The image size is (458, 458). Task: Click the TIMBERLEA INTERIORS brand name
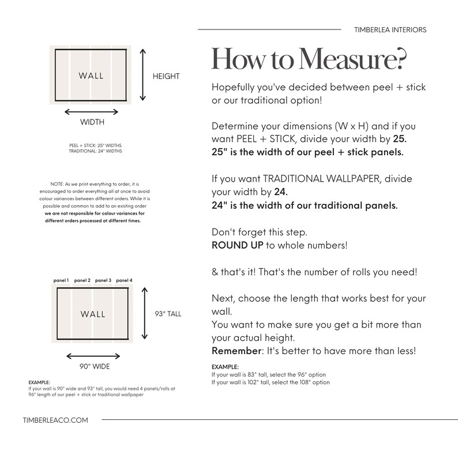(x=391, y=30)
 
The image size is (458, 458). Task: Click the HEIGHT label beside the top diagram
(x=166, y=76)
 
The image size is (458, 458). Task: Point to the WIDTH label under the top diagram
(x=92, y=122)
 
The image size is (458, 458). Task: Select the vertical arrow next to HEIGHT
(x=142, y=75)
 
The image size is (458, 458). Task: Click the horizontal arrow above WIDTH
(x=91, y=112)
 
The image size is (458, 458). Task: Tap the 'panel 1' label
(x=61, y=280)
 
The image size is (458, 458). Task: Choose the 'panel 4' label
(x=124, y=280)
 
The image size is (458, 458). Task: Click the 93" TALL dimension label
(x=168, y=314)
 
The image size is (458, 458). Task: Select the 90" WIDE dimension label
(x=95, y=366)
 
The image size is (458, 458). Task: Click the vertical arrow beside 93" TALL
(x=145, y=313)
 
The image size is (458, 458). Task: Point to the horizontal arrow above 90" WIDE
(x=93, y=356)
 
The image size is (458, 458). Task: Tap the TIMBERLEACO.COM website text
(x=55, y=421)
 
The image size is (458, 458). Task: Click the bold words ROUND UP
(x=238, y=245)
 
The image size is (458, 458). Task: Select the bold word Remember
(x=236, y=351)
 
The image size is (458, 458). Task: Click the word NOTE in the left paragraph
(x=57, y=184)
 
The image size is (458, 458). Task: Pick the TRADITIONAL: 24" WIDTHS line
(x=96, y=151)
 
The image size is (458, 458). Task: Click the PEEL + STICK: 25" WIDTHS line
(x=96, y=145)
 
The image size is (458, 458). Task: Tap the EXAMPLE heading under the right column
(x=225, y=367)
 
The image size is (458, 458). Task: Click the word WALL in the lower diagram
(x=93, y=314)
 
